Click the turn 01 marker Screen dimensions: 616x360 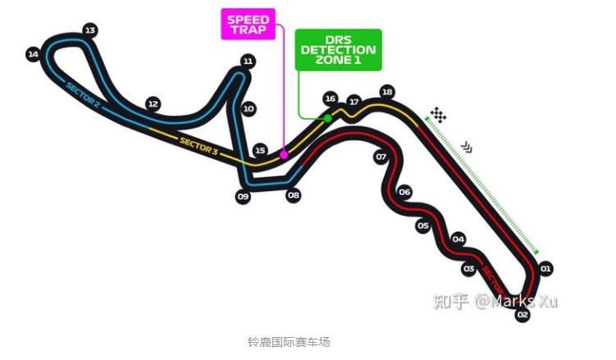(545, 268)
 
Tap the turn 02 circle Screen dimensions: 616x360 (523, 314)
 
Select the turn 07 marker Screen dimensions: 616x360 (381, 156)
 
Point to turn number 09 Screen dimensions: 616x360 (243, 197)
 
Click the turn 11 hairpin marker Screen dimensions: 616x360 (248, 61)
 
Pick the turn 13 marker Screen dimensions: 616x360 (90, 30)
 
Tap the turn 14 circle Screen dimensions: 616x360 (33, 55)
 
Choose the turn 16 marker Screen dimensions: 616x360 (330, 98)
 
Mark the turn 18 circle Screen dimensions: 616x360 (387, 92)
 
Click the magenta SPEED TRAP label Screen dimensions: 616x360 (248, 25)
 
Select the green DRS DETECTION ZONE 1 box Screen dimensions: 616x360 (338, 50)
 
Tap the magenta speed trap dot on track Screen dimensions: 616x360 (284, 154)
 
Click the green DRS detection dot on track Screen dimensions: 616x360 (327, 119)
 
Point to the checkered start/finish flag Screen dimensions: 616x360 (439, 115)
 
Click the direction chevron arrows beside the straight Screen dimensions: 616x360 (467, 147)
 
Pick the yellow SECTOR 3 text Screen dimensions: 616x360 (198, 145)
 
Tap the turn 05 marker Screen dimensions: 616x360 (423, 226)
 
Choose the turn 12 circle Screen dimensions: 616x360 (153, 104)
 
